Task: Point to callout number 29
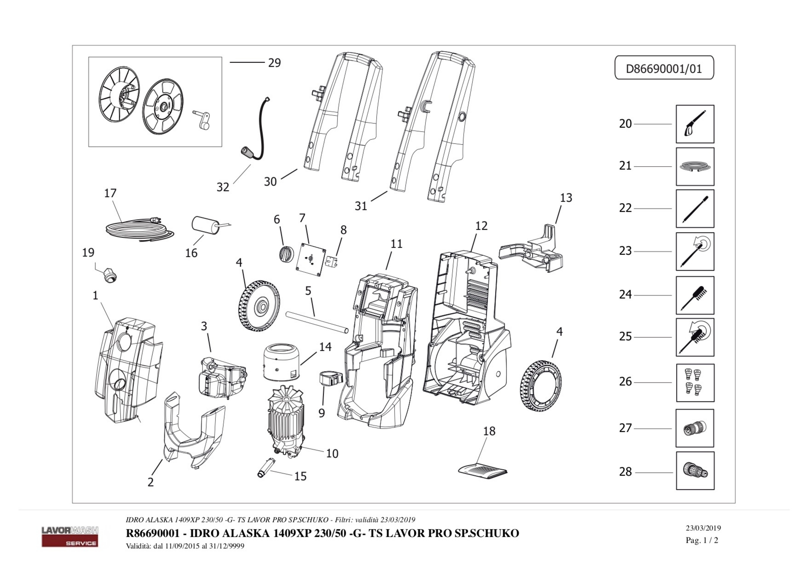[x=274, y=63]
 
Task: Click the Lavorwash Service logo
[x=70, y=536]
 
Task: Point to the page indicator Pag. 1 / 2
[x=702, y=540]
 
